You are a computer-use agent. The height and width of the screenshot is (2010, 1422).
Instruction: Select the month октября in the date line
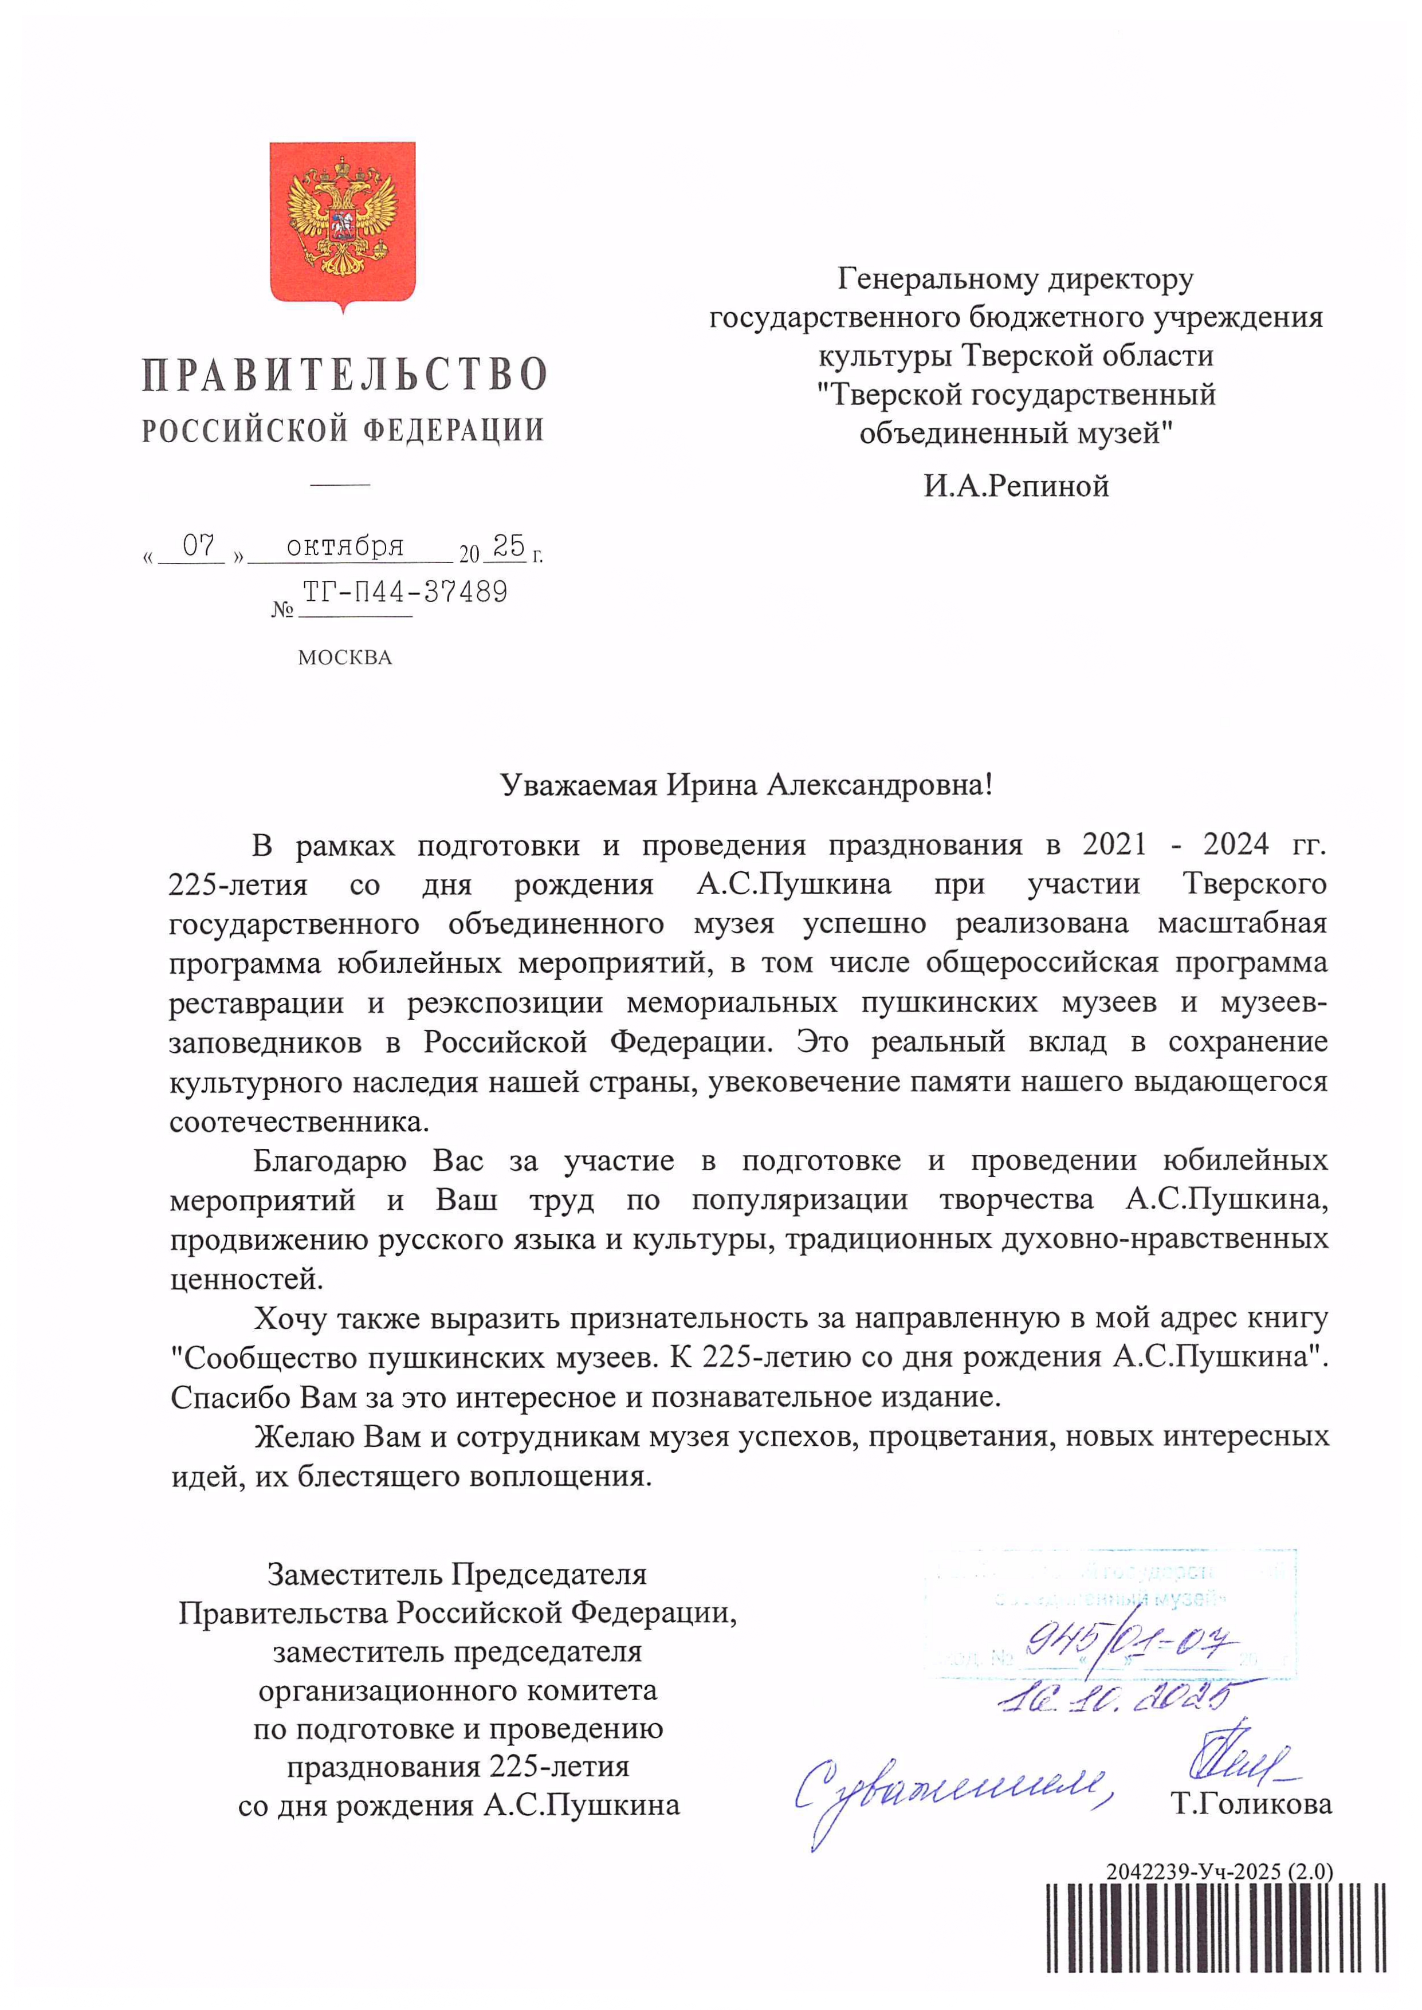pyautogui.click(x=345, y=546)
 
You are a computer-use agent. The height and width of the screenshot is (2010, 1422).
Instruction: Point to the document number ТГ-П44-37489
pyautogui.click(x=404, y=593)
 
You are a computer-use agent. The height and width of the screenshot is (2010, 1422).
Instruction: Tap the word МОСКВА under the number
pyautogui.click(x=344, y=658)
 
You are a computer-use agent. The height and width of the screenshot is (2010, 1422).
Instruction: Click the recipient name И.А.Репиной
pyautogui.click(x=1016, y=486)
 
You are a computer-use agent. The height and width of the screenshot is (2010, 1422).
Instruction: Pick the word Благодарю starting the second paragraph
pyautogui.click(x=329, y=1161)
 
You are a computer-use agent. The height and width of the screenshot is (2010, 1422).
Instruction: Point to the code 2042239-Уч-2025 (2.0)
pyautogui.click(x=1218, y=1872)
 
